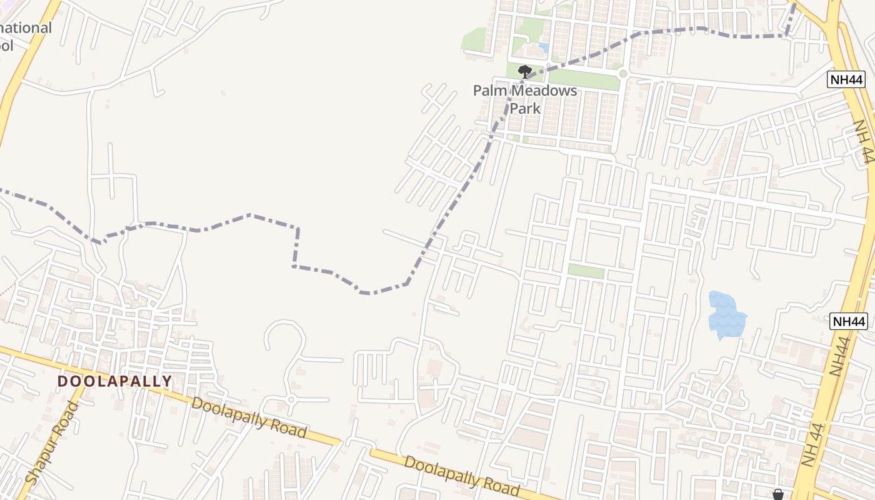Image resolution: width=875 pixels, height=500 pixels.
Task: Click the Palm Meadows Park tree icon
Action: (525, 72)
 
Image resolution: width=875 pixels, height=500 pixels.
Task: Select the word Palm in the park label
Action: (486, 91)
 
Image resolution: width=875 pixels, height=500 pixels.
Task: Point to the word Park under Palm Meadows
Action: (525, 108)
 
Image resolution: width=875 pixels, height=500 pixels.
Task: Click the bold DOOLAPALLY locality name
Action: (114, 381)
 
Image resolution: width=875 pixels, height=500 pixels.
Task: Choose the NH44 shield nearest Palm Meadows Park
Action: (847, 79)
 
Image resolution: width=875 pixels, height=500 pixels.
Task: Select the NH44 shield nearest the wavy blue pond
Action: (849, 321)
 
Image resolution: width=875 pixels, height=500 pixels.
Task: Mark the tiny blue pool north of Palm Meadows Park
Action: (544, 47)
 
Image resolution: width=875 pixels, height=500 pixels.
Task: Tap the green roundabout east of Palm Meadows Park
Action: (622, 74)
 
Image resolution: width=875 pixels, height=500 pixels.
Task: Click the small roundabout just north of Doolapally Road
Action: (291, 399)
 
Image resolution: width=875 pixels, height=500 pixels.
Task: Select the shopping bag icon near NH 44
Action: (778, 494)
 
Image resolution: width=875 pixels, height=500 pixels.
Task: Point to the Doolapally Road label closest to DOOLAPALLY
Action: (249, 417)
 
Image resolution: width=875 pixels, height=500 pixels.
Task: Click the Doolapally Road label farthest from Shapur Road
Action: (461, 476)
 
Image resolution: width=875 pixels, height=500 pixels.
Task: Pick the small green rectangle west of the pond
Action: (586, 271)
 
